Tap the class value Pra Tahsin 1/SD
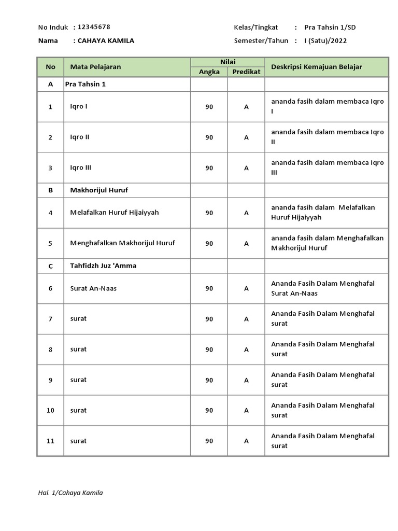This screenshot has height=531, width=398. [x=330, y=27]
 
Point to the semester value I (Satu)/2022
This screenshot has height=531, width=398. [x=325, y=40]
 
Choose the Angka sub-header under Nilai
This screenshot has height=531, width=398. [x=209, y=72]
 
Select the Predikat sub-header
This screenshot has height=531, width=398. [x=246, y=72]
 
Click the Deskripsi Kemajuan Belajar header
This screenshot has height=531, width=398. [x=317, y=67]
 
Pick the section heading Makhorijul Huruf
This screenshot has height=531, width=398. [x=99, y=190]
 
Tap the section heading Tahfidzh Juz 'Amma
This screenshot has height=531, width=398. [x=103, y=266]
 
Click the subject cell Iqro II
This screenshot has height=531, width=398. [x=80, y=137]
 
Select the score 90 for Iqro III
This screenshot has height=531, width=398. [x=209, y=168]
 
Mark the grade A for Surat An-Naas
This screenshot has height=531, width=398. [x=246, y=288]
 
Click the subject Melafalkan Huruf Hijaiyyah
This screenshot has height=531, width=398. [x=115, y=213]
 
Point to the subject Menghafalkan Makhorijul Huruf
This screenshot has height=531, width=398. [x=122, y=243]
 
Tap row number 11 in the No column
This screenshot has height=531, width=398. [x=50, y=441]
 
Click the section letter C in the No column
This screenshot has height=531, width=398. [x=50, y=266]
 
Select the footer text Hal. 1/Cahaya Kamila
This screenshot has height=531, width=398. [x=70, y=493]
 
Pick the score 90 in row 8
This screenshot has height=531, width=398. [x=209, y=350]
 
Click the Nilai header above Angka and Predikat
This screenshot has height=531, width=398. [x=228, y=62]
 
